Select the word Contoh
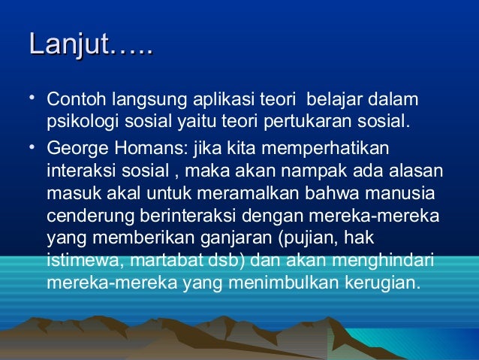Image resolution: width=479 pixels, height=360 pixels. (x=76, y=101)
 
